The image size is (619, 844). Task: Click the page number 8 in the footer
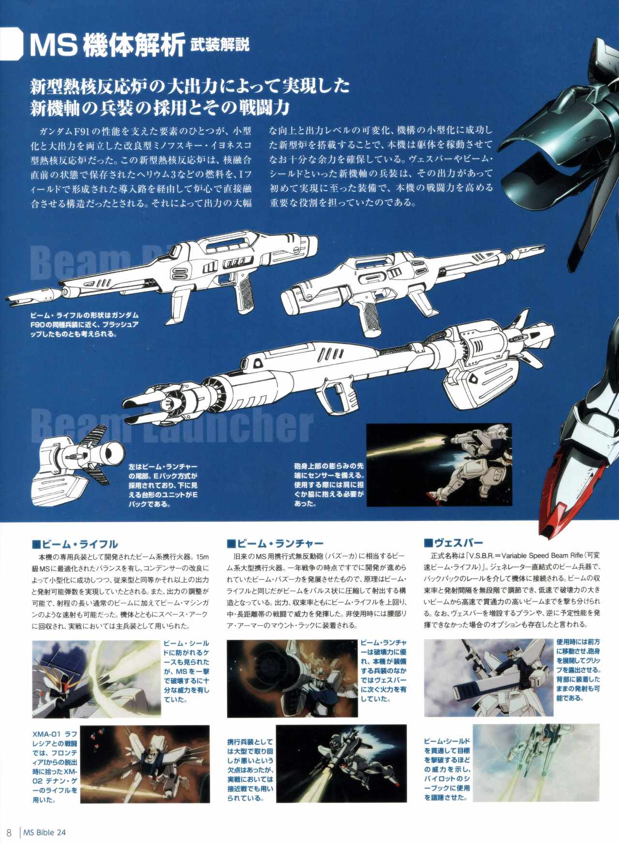pos(9,832)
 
